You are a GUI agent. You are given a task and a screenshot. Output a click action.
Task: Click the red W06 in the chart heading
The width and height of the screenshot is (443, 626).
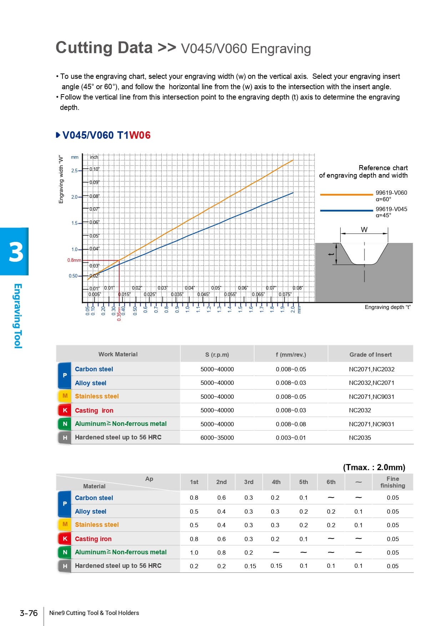point(140,135)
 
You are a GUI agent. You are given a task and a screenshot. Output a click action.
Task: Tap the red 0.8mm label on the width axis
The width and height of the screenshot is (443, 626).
point(74,260)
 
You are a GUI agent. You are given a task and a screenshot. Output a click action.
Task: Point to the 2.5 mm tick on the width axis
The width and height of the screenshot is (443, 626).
point(74,171)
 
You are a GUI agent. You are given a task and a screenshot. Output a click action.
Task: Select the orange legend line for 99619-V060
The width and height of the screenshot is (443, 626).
point(346,195)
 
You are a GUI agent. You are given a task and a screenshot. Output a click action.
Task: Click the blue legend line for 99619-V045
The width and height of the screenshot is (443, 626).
point(346,211)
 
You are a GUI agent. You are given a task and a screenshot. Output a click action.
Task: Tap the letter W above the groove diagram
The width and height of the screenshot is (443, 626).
point(364,230)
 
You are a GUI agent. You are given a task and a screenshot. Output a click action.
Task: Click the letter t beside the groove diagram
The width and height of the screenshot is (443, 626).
point(331,254)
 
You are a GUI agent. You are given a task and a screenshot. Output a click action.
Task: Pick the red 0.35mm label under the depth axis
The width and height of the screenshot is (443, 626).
point(119,313)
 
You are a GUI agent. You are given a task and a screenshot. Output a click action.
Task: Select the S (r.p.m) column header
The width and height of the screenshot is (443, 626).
point(217,355)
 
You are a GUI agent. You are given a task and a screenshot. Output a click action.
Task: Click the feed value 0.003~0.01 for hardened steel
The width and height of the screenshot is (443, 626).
point(291,438)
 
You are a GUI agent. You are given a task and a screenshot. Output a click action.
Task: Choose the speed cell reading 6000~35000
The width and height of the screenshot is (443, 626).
point(217,438)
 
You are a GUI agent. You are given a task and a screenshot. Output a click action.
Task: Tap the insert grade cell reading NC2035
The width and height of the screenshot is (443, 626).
point(360,438)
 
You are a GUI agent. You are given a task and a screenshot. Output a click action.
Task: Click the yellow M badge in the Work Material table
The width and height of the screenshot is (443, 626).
point(65,396)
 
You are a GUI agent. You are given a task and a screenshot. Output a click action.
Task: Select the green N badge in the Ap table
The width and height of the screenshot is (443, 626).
point(65,552)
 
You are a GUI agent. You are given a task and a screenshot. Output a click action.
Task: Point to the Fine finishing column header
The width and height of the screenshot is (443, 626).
point(393,482)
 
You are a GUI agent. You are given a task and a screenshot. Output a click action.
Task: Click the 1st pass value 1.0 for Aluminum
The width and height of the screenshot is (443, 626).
point(194,553)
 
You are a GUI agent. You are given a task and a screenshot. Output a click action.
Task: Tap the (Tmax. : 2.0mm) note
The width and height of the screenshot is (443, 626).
point(374,467)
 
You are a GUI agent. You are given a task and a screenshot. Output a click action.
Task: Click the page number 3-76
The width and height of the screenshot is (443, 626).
point(29,613)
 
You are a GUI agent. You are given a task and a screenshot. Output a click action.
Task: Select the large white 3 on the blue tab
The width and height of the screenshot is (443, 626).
point(16,252)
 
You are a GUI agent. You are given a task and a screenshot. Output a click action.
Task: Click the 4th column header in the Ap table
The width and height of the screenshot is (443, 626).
point(276,482)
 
